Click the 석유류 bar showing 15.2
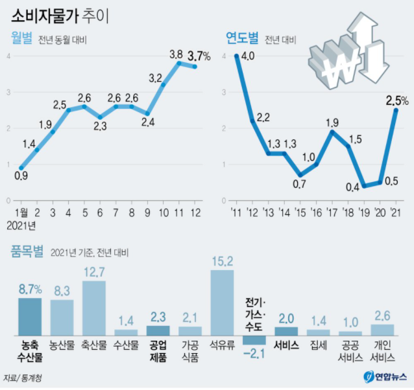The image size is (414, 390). point(223,301)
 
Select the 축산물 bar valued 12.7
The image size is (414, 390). point(94,307)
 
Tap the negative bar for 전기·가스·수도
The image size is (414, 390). point(254,339)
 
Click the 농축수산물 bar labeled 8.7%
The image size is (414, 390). point(30,315)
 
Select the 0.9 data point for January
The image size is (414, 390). point(21,167)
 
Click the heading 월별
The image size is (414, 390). point(22,38)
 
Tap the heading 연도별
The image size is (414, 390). point(241,38)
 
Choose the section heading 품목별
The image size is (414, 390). point(27,250)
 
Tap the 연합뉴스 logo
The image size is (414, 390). point(385,376)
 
